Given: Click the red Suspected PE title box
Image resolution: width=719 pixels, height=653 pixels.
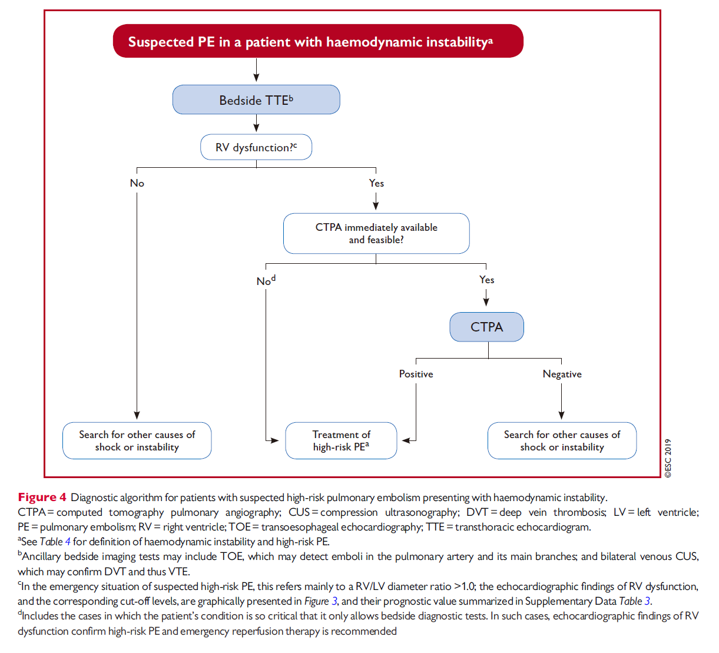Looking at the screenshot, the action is (x=318, y=41).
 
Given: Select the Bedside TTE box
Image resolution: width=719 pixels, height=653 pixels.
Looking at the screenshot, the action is (x=256, y=100).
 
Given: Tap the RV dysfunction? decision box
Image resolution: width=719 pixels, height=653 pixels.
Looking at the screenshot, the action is (x=256, y=147).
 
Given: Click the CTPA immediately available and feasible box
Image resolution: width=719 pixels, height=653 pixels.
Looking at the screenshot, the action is (x=376, y=233).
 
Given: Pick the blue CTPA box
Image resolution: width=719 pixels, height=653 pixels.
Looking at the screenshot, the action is (x=486, y=326).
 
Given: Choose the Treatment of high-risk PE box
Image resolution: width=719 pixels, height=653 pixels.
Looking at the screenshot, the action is (x=341, y=440).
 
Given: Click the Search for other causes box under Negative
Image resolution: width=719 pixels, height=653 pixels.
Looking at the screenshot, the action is (x=562, y=440).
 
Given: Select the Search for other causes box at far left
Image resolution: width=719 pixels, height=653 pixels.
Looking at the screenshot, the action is (x=137, y=440).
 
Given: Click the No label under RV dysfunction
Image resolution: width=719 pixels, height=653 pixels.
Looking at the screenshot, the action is (x=137, y=183).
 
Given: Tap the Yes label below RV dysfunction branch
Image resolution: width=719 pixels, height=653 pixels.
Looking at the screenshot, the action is (x=376, y=183).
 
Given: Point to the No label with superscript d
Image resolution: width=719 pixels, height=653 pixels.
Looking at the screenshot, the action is (x=266, y=280).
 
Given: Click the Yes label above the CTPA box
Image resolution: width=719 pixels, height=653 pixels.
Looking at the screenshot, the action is (x=486, y=280).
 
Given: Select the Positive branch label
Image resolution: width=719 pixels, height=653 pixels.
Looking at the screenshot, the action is (x=416, y=374).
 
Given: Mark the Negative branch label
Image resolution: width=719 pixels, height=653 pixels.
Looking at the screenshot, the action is (x=562, y=374).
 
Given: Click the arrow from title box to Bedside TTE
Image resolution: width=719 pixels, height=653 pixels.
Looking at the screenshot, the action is (x=256, y=70).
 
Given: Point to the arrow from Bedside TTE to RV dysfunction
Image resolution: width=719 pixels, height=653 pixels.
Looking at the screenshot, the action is (x=256, y=123).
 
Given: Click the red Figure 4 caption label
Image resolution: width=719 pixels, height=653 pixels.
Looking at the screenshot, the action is (x=42, y=498).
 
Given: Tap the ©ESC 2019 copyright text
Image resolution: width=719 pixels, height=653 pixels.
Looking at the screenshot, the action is (x=668, y=458).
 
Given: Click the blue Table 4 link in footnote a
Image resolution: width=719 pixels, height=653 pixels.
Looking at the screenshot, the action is (x=55, y=542).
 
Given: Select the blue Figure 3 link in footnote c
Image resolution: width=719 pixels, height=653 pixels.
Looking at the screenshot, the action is (x=320, y=601).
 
